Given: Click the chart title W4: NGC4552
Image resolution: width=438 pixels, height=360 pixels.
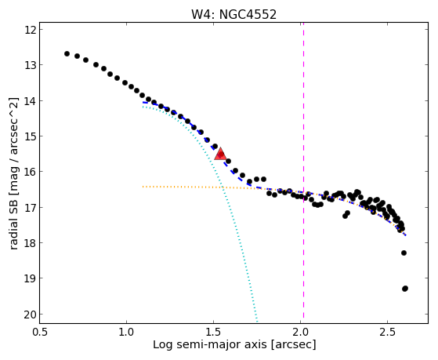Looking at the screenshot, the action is coord(233,14).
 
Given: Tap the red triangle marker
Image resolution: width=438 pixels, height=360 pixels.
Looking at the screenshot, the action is coord(220,154).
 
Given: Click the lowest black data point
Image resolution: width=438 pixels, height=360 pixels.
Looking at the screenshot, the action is coord(405,289).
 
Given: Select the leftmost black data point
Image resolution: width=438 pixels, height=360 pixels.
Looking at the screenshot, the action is coord(67,53).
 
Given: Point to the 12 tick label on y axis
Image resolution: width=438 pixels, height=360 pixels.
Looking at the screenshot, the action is coord(31,30).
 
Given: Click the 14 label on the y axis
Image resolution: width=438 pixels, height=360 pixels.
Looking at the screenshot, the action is coord(31,100).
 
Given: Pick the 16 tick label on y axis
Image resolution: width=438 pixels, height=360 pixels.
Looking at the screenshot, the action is coord(31,172).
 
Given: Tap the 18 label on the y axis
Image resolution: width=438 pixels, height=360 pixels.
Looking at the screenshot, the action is coord(31,243).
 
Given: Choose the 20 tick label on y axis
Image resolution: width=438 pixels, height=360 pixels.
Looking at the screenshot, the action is coord(31,315).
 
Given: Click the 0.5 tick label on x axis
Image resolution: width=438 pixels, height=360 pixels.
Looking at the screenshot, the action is coord(40,332).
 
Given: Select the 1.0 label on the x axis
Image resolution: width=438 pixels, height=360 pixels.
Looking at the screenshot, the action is coord(126,332).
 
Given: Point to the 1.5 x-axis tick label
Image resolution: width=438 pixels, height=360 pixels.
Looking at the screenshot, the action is coord(213,332).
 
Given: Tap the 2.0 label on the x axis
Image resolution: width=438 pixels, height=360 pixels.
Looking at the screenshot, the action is coord(300,332).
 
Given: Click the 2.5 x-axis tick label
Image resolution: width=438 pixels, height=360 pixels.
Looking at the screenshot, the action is coord(387,332).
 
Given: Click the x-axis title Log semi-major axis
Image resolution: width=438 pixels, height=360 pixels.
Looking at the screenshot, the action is coord(209,345).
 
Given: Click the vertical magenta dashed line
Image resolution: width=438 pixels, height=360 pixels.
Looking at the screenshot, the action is coord(304,173).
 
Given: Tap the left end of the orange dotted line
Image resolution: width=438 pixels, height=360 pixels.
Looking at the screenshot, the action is coord(143,187).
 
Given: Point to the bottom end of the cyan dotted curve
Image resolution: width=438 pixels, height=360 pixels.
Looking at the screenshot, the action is coord(257,322).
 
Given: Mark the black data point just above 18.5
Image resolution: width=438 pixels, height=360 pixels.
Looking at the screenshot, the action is coord(404,253).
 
